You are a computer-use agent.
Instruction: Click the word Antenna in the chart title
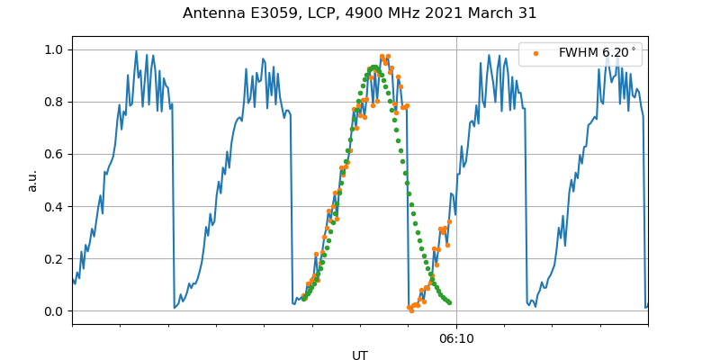[x=212, y=13]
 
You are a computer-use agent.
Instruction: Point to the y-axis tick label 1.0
[x=55, y=49]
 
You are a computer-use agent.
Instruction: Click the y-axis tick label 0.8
[x=55, y=102]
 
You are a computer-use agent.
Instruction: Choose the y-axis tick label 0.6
[x=55, y=154]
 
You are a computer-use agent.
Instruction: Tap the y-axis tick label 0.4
[x=55, y=206]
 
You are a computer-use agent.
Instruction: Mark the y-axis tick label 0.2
[x=55, y=258]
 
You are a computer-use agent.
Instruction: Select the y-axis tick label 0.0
[x=55, y=311]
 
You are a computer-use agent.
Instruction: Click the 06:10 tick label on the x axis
[x=456, y=338]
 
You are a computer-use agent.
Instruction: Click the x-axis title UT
[x=360, y=355]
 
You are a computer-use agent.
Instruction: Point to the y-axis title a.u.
[x=32, y=180]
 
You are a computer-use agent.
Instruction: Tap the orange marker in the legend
[x=535, y=53]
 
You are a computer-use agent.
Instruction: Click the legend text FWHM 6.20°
[x=598, y=53]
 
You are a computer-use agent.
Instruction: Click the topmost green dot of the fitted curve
[x=373, y=67]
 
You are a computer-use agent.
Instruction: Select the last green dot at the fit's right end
[x=449, y=302]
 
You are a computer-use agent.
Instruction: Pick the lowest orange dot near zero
[x=410, y=310]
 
